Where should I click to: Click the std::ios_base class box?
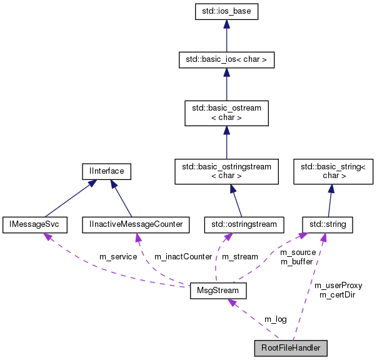(x=226, y=11)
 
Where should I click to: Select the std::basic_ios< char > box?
(x=226, y=60)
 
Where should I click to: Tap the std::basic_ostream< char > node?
(x=226, y=113)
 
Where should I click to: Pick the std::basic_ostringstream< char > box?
(x=226, y=171)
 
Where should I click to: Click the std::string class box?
(x=328, y=223)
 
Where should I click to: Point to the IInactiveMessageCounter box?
(x=136, y=223)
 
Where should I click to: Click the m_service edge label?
(x=118, y=257)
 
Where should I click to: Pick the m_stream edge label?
(x=240, y=257)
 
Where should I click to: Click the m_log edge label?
(x=275, y=319)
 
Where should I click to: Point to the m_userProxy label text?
(x=338, y=286)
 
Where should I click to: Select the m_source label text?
(x=298, y=252)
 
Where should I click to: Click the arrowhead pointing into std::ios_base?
(x=226, y=23)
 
